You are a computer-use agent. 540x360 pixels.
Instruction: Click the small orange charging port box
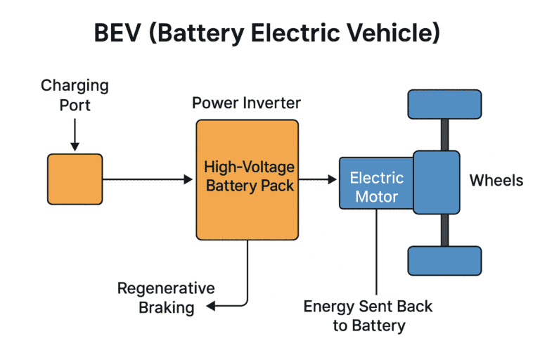(75, 179)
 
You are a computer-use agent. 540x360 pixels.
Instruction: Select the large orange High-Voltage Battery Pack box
(247, 179)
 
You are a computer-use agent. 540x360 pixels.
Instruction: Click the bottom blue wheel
(444, 260)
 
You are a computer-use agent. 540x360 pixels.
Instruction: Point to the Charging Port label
(75, 95)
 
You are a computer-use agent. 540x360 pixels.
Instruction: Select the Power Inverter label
(246, 103)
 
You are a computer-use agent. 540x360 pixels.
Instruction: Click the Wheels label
(496, 181)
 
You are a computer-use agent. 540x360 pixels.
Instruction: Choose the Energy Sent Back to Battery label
(368, 316)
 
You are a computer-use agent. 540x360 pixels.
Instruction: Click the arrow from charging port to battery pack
(148, 180)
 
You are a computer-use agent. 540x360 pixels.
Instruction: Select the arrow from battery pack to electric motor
(319, 180)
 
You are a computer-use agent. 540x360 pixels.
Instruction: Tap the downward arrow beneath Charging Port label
(75, 134)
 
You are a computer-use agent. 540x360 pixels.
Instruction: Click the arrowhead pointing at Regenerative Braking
(210, 306)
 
